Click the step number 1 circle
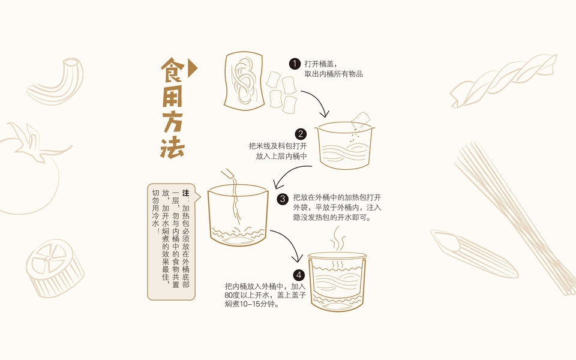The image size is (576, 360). point(295,64)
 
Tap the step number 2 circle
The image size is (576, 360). point(301,134)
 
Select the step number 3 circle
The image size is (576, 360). point(283,199)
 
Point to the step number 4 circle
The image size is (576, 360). point(299,275)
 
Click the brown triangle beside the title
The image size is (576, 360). point(192,68)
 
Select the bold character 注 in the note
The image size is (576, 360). point(186,193)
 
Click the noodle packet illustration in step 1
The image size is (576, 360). point(244,81)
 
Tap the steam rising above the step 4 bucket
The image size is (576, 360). point(337,239)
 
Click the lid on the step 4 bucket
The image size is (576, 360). point(337,255)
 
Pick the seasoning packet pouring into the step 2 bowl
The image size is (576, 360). point(361,120)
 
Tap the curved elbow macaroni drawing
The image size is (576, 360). point(55,82)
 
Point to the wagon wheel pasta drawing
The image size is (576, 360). point(55,268)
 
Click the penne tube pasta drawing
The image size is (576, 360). point(474,253)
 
